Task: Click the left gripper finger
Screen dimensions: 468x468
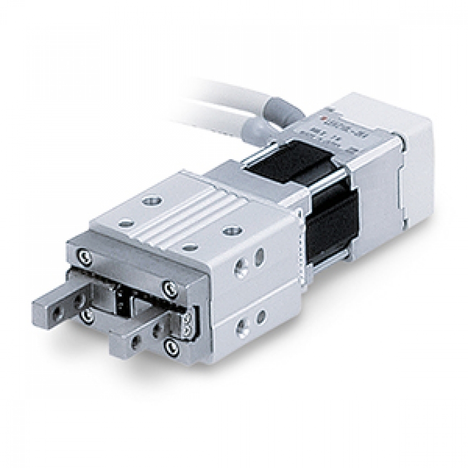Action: pyautogui.click(x=55, y=308)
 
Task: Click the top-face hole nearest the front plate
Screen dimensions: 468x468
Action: pyautogui.click(x=188, y=248)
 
